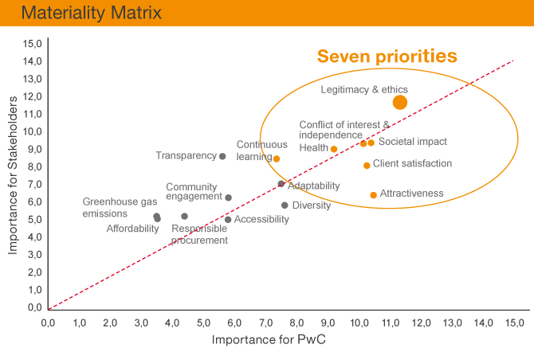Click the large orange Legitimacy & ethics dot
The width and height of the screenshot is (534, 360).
pyautogui.click(x=400, y=102)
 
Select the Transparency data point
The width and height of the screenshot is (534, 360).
pyautogui.click(x=222, y=156)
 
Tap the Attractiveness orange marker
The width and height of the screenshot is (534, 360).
pyautogui.click(x=373, y=195)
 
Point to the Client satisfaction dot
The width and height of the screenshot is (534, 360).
pyautogui.click(x=367, y=166)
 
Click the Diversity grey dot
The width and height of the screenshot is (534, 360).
pyautogui.click(x=285, y=205)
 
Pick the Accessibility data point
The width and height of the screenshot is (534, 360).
pyautogui.click(x=228, y=220)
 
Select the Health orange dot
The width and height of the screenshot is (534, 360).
pyautogui.click(x=334, y=149)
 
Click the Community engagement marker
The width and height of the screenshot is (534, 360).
pyautogui.click(x=229, y=198)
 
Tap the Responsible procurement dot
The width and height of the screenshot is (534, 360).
pyautogui.click(x=184, y=216)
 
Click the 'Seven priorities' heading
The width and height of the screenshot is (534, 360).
pyautogui.click(x=387, y=57)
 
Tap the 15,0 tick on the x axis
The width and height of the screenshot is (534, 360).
pyautogui.click(x=514, y=323)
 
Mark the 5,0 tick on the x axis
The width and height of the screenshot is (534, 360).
pyautogui.click(x=203, y=323)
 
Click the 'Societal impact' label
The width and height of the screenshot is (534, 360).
pyautogui.click(x=412, y=142)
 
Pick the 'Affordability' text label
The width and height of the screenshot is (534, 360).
pyautogui.click(x=132, y=229)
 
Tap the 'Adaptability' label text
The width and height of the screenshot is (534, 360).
pyautogui.click(x=313, y=186)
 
